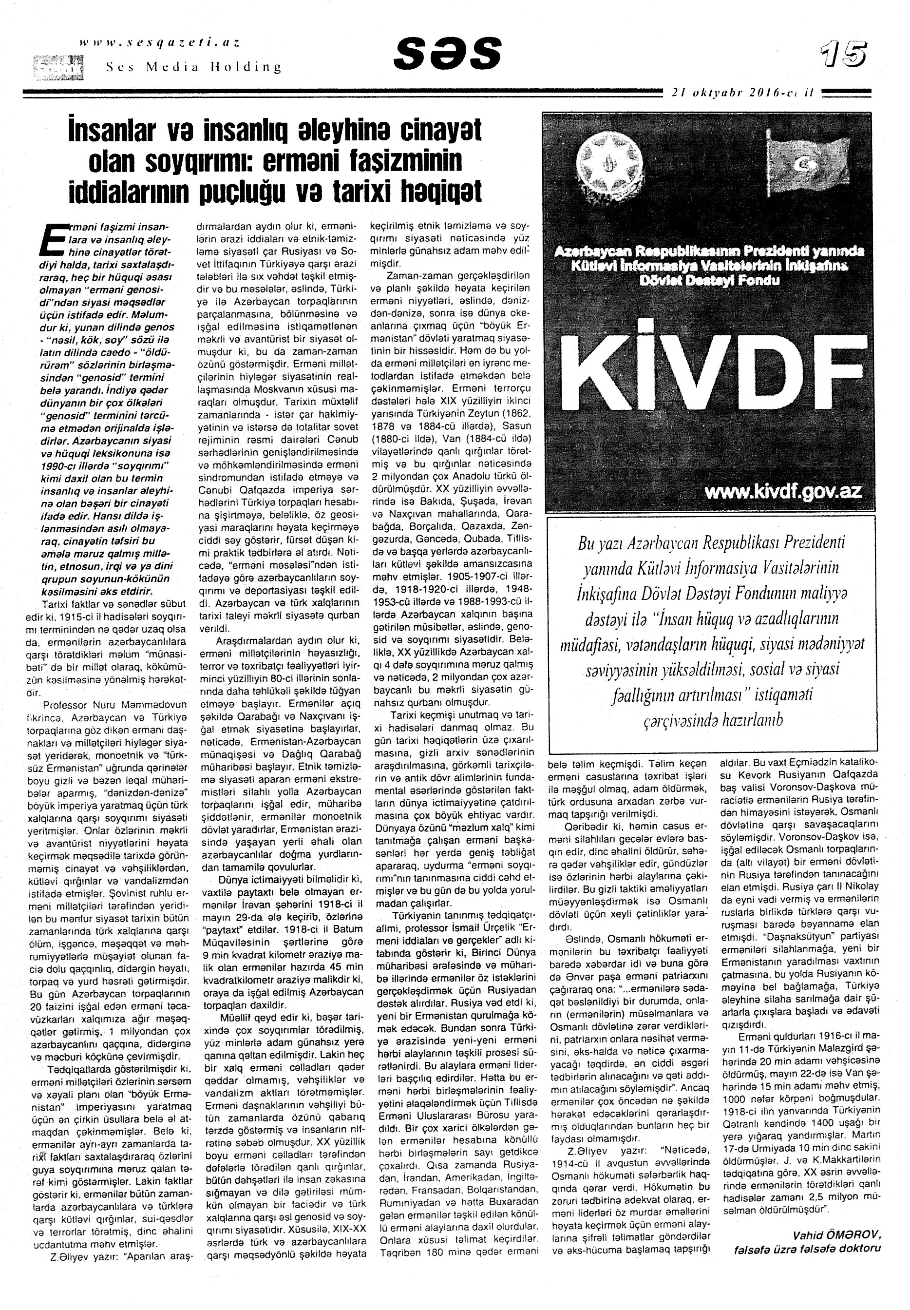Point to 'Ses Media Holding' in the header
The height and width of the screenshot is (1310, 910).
tap(194, 67)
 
